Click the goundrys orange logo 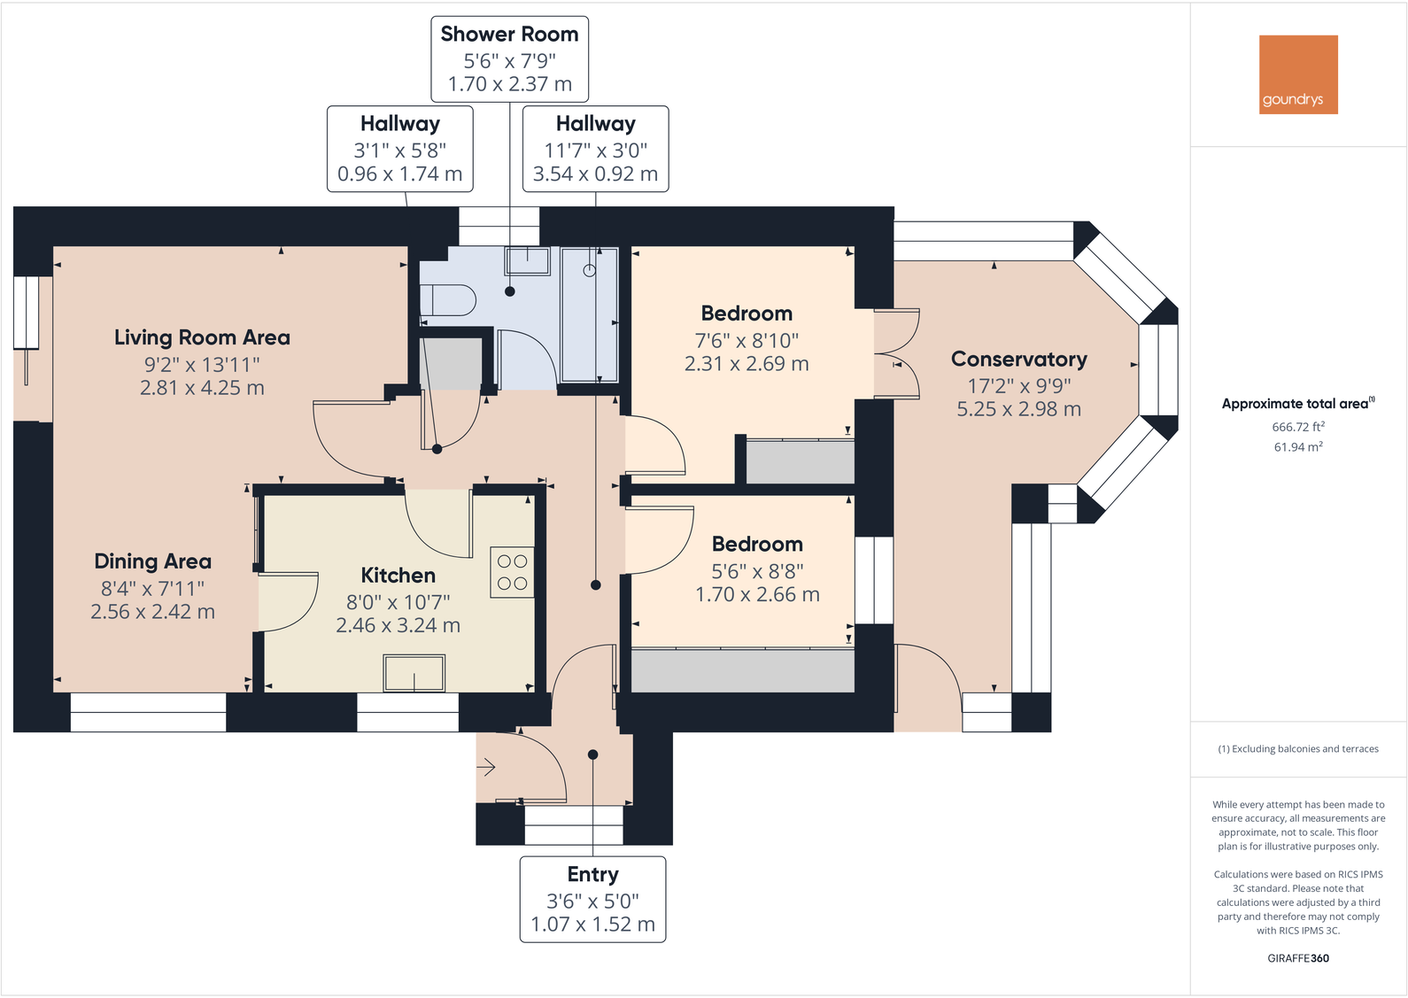click(x=1298, y=74)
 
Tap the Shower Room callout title click(x=509, y=35)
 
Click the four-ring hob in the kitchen click(x=512, y=572)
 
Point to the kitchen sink click(x=414, y=673)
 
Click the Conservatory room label click(x=1018, y=360)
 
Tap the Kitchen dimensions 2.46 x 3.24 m click(x=398, y=625)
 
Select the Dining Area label click(x=152, y=561)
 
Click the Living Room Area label click(x=202, y=337)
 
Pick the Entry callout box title click(x=592, y=875)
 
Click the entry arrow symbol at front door click(x=487, y=768)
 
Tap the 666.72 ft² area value click(x=1298, y=427)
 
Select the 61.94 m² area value click(x=1298, y=447)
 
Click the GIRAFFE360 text click(x=1298, y=958)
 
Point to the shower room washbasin click(x=527, y=260)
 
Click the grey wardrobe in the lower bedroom click(x=742, y=670)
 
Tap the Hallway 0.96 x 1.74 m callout click(x=399, y=174)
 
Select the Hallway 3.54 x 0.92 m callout click(x=595, y=174)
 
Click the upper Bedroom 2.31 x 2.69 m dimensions click(x=747, y=364)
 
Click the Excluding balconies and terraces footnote click(x=1298, y=749)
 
